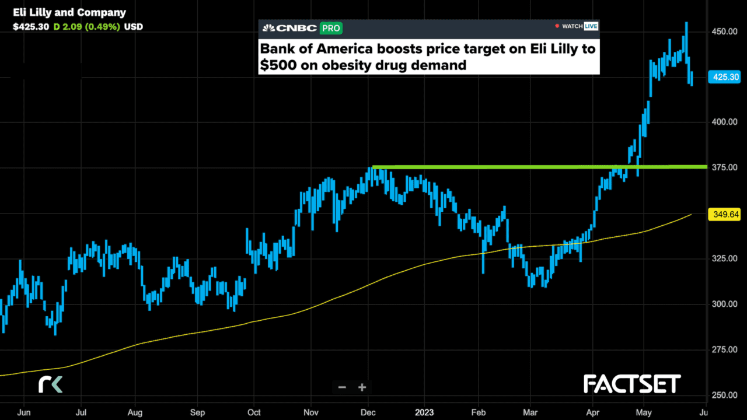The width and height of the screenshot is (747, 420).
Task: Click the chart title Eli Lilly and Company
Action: pyautogui.click(x=69, y=13)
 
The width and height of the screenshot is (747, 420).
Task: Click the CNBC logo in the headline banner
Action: pyautogui.click(x=289, y=27)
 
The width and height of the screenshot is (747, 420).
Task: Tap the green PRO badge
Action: pyautogui.click(x=330, y=27)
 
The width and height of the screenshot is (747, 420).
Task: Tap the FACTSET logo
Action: pyautogui.click(x=631, y=384)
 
